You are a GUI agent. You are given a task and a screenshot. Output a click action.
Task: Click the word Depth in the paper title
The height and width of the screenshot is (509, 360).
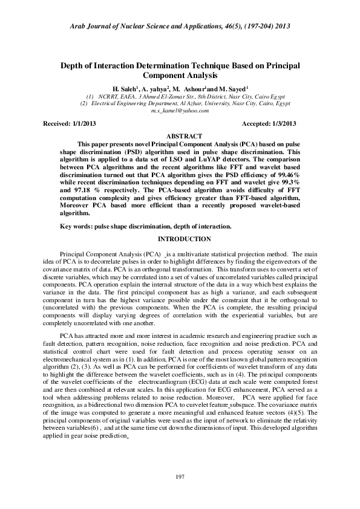tap(72, 65)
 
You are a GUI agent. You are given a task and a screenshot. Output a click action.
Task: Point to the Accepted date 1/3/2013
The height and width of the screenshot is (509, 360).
tap(281, 123)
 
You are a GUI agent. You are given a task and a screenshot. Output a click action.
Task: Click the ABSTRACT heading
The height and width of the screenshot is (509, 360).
tap(180, 136)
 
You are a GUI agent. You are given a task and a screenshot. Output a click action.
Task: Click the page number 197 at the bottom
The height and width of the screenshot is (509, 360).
tap(180, 478)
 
